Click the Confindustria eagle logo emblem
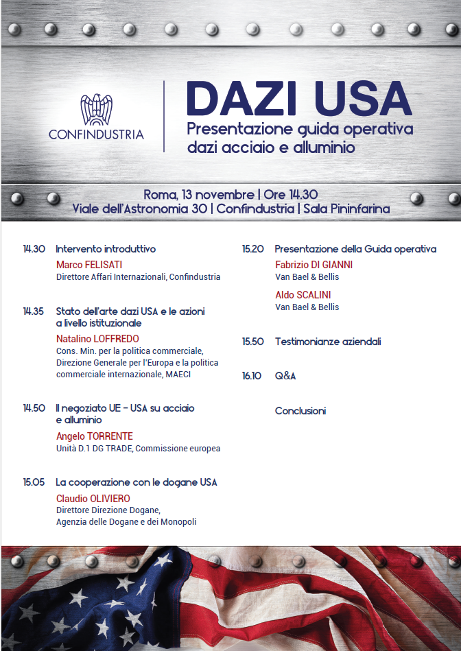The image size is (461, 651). pyautogui.click(x=96, y=109)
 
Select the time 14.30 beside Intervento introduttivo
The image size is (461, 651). pyautogui.click(x=34, y=249)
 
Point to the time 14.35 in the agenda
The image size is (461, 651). pyautogui.click(x=34, y=311)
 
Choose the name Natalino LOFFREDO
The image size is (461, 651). pyautogui.click(x=97, y=339)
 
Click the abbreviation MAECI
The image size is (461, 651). pyautogui.click(x=178, y=375)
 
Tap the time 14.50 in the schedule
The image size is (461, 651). pyautogui.click(x=34, y=408)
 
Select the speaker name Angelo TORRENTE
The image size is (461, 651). pyautogui.click(x=94, y=436)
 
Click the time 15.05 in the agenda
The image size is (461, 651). pyautogui.click(x=34, y=482)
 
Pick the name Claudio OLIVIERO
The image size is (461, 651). pyautogui.click(x=93, y=499)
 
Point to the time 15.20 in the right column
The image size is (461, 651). pyautogui.click(x=252, y=249)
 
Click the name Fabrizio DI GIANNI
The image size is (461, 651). pyautogui.click(x=314, y=265)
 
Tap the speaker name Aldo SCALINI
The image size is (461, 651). pyautogui.click(x=303, y=295)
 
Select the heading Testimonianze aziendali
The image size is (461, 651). pyautogui.click(x=327, y=341)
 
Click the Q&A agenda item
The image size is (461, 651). pyautogui.click(x=285, y=376)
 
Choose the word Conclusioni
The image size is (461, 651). pyautogui.click(x=300, y=411)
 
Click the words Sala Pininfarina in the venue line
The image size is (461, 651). pyautogui.click(x=346, y=209)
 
